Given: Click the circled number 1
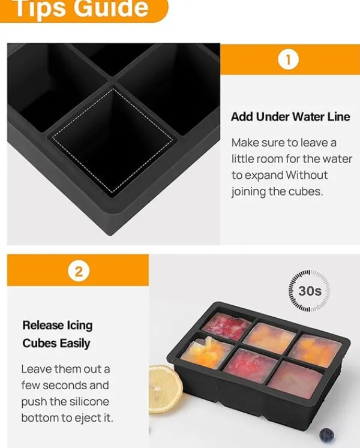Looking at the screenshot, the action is (x=288, y=60).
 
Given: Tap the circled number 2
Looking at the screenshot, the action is (x=79, y=271).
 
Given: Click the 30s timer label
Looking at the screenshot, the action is (x=310, y=291).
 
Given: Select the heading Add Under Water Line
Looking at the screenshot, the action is (x=290, y=116).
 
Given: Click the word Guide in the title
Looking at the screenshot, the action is (x=112, y=8).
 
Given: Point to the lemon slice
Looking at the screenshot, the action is (x=165, y=388).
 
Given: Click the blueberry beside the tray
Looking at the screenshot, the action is (x=326, y=435).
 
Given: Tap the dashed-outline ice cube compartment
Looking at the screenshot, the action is (x=112, y=140).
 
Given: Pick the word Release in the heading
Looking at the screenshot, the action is (x=43, y=325).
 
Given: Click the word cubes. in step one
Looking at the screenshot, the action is (x=305, y=191).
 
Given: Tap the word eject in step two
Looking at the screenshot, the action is (x=86, y=418).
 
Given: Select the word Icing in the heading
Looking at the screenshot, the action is (x=79, y=326).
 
